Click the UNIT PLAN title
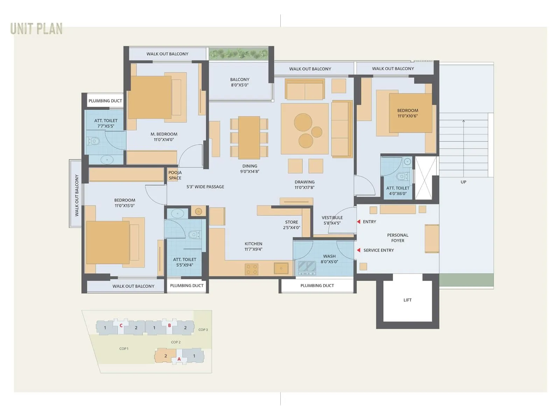36,29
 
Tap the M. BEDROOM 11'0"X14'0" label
164,137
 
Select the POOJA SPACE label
175,175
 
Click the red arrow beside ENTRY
359,222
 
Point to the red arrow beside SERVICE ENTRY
359,250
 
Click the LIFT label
407,300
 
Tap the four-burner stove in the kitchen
251,269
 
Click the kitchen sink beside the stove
281,268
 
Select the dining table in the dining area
249,138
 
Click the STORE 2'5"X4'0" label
292,225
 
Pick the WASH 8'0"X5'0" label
329,259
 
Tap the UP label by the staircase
463,182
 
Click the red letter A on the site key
179,359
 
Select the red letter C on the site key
121,325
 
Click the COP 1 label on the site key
124,349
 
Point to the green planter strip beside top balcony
239,54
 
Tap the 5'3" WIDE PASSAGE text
205,187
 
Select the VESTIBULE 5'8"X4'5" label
332,220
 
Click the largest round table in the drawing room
303,122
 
